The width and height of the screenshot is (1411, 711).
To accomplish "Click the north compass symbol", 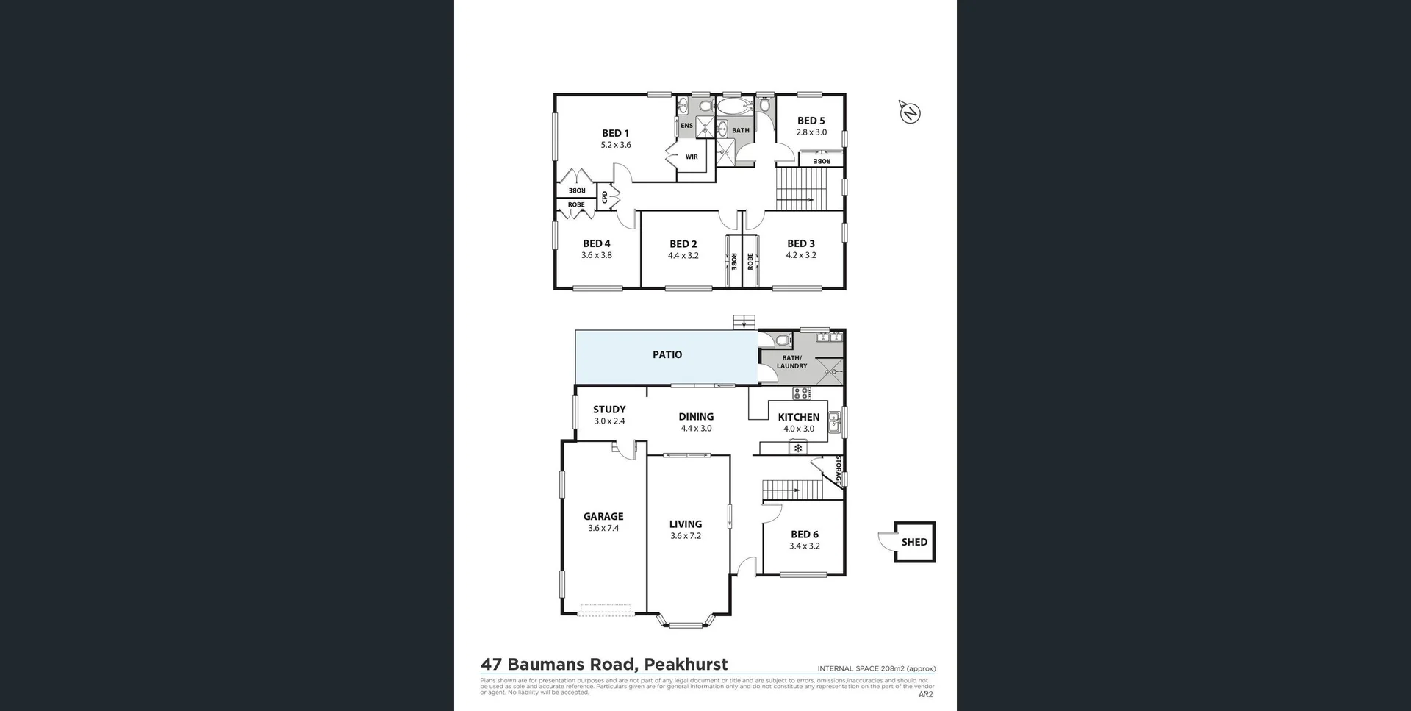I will (x=910, y=112).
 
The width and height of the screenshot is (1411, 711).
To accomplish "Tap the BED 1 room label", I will (x=615, y=133).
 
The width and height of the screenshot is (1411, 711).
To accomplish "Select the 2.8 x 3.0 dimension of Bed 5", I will (x=811, y=132).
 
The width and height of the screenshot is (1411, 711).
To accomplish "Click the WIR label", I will (x=692, y=157).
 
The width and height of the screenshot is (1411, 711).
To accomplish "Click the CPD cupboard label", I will (x=605, y=197).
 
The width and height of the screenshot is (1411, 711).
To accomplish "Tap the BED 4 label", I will (x=596, y=243).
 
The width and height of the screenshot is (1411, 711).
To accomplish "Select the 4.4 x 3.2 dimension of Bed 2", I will (x=683, y=256).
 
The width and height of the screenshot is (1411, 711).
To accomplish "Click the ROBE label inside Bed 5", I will (x=822, y=160).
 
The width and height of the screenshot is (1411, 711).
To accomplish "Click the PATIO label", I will (x=667, y=354).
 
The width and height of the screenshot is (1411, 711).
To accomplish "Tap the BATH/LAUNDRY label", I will (x=791, y=362).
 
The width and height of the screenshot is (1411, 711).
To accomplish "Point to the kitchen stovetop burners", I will (x=802, y=393).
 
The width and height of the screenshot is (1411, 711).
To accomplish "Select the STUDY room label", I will (x=609, y=410).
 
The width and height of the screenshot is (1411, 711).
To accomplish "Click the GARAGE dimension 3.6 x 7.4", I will (x=603, y=528).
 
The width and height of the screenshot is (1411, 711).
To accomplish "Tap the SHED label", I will (x=914, y=542).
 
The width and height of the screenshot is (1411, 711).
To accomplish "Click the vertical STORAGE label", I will (x=838, y=471).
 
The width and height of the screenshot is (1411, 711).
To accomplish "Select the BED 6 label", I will (x=804, y=535).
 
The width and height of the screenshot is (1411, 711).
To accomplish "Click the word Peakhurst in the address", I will (x=686, y=664).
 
